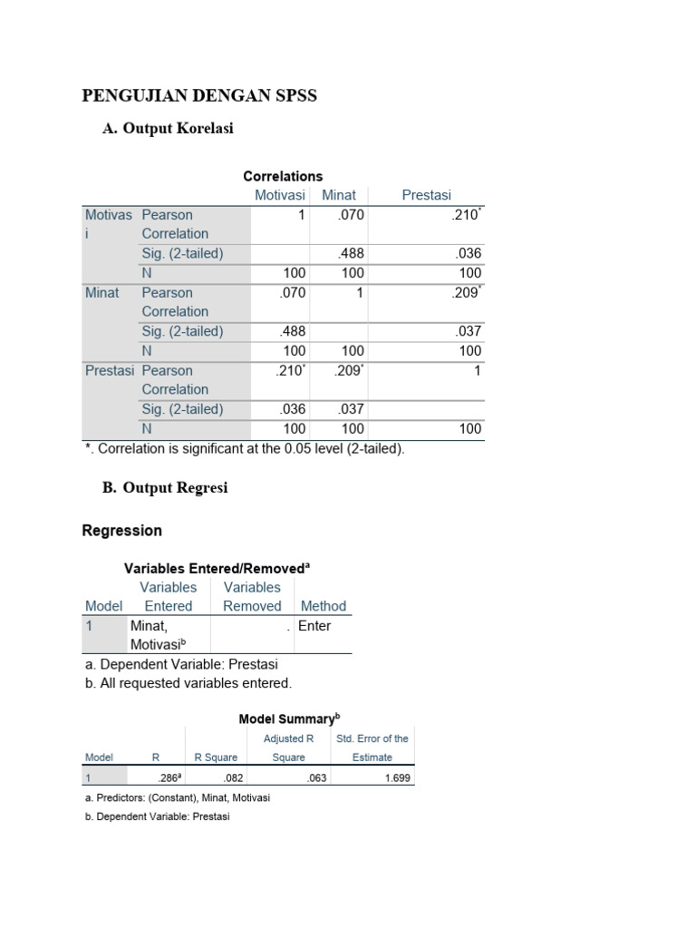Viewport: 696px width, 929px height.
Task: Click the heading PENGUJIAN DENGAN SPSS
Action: [x=199, y=95]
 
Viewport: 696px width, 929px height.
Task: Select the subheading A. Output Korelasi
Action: [x=168, y=129]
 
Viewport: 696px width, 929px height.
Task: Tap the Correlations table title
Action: [x=283, y=176]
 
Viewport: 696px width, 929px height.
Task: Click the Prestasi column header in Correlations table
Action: [x=426, y=195]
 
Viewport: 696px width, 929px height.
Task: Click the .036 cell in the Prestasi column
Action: [x=469, y=253]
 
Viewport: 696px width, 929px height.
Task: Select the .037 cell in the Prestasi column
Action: [x=469, y=331]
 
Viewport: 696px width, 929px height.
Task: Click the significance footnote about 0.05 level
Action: [x=244, y=448]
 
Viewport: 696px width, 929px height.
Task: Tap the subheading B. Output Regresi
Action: [x=164, y=488]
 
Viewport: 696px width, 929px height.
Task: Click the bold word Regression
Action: [x=122, y=531]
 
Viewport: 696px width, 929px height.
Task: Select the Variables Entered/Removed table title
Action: [x=217, y=568]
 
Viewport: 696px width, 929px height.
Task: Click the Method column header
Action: [x=324, y=606]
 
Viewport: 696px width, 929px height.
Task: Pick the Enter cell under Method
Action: [x=314, y=626]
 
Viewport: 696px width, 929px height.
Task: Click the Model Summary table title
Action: [x=289, y=719]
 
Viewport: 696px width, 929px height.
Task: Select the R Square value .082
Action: [x=233, y=778]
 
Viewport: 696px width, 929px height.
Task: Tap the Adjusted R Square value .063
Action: [x=316, y=778]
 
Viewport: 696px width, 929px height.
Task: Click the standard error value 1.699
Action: [x=397, y=778]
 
